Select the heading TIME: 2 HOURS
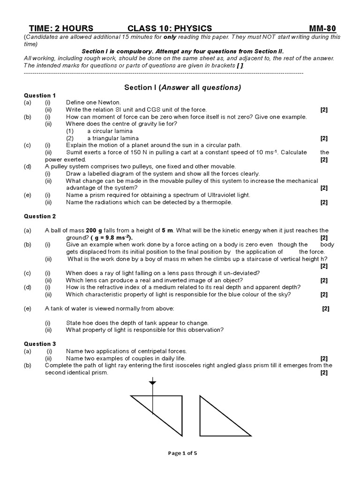(x=61, y=28)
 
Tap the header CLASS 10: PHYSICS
(x=170, y=28)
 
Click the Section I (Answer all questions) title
(x=182, y=87)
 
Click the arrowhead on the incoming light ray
(x=152, y=383)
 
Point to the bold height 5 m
(x=167, y=231)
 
